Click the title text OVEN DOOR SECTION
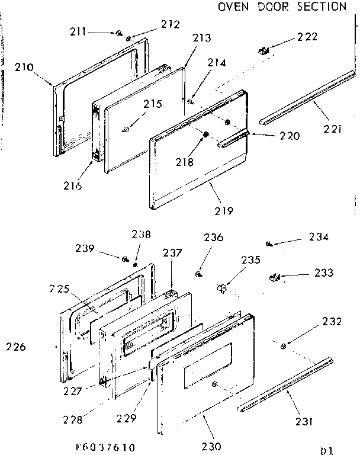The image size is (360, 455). click(x=282, y=7)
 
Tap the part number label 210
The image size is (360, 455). click(x=24, y=68)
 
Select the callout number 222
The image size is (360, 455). click(x=307, y=37)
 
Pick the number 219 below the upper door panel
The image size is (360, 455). click(x=225, y=210)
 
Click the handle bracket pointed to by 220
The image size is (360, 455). click(x=237, y=139)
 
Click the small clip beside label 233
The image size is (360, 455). click(x=274, y=275)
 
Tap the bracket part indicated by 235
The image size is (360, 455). click(x=223, y=289)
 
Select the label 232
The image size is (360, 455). click(x=332, y=322)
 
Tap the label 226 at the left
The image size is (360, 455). click(x=16, y=347)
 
